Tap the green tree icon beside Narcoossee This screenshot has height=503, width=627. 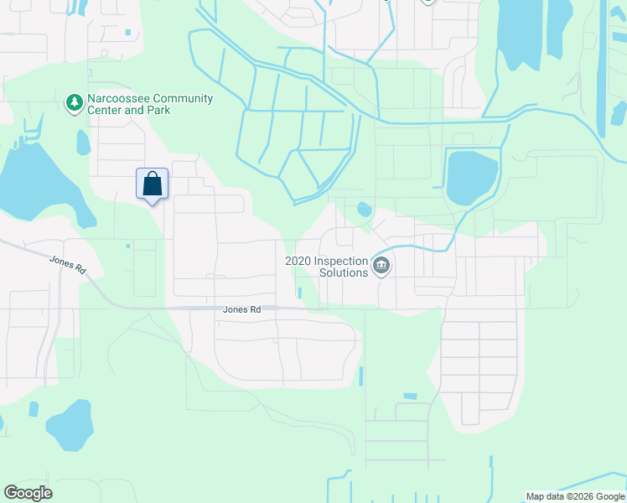click(x=75, y=102)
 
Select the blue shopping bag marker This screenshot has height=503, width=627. click(x=152, y=184)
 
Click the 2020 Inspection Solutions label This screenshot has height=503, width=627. click(x=327, y=267)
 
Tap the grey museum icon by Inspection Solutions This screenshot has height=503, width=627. click(x=381, y=267)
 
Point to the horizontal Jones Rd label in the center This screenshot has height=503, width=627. click(x=241, y=309)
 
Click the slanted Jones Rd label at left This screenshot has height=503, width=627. click(x=69, y=264)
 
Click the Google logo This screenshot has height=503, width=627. click(x=28, y=493)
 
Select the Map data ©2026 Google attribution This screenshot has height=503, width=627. click(x=575, y=497)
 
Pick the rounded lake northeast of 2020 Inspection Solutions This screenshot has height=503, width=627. click(x=472, y=176)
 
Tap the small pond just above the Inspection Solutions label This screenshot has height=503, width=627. click(x=364, y=210)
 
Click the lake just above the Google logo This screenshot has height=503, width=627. click(x=70, y=426)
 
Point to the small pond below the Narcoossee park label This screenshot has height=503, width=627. click(x=83, y=143)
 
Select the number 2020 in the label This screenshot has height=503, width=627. click(x=298, y=261)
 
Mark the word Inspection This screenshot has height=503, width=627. click(x=341, y=261)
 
